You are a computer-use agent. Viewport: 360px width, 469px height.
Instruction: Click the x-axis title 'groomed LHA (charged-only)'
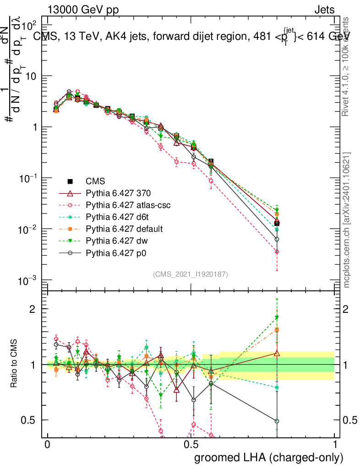point(269,458)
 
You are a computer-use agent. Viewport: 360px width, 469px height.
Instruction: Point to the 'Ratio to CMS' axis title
point(15,364)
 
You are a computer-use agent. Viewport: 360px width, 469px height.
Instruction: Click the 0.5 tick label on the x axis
point(191,445)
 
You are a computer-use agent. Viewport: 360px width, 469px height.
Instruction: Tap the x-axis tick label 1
point(335,445)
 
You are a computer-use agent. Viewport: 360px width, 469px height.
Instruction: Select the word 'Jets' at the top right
point(324,10)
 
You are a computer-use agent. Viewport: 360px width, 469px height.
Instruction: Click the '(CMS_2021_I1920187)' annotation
point(191,274)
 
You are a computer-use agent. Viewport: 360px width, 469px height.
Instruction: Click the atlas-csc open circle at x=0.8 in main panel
point(277,251)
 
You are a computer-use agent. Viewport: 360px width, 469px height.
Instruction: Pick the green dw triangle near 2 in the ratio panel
point(277,317)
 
